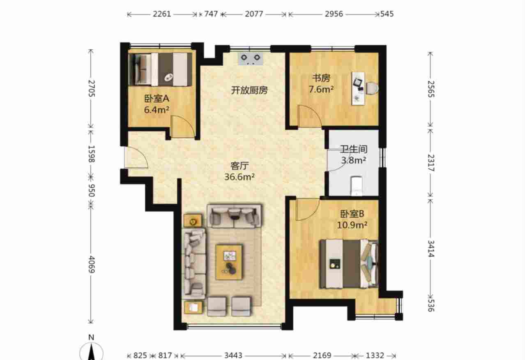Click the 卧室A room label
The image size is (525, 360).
[x=157, y=99]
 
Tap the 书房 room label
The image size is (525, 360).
[x=321, y=78]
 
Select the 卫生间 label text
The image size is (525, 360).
[x=354, y=149]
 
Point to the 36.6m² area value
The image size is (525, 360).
[x=239, y=177]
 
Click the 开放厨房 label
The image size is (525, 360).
[x=249, y=90]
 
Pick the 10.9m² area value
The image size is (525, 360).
[x=352, y=225]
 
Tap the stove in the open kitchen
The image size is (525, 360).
[x=251, y=58]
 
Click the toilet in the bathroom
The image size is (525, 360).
[x=356, y=186]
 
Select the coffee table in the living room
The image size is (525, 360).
[x=229, y=262]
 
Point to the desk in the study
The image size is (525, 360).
[x=358, y=88]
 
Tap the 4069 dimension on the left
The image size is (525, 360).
[x=92, y=264]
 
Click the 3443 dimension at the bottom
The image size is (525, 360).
[x=233, y=355]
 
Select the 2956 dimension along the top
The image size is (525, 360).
[x=334, y=14]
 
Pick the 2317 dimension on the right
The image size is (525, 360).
[x=431, y=163]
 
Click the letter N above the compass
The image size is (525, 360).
[x=91, y=337]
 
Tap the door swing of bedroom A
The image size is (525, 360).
[x=183, y=127]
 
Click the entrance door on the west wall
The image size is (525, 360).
[x=136, y=157]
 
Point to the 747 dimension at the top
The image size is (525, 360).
[x=211, y=14]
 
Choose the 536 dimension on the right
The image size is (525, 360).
[x=431, y=305]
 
